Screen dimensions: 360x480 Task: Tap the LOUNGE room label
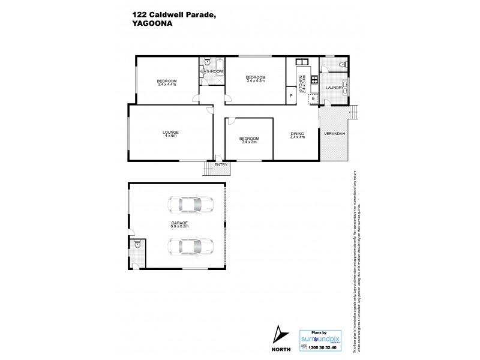point(171,132)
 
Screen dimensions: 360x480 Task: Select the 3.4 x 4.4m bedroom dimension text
point(167,85)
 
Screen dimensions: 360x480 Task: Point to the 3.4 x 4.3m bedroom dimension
point(256,81)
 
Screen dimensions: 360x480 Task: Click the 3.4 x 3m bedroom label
point(249,142)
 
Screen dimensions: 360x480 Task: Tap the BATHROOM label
point(212,71)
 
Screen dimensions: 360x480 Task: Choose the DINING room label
point(298,133)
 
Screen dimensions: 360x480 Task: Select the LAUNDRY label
point(334,88)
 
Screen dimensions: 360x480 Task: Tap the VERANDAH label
point(334,133)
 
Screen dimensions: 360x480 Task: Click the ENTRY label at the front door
point(221,164)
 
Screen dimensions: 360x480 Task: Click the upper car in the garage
point(189,205)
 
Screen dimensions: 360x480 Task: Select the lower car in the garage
point(189,246)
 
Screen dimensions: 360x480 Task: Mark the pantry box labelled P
point(291,95)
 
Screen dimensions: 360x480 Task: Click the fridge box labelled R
point(313,99)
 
